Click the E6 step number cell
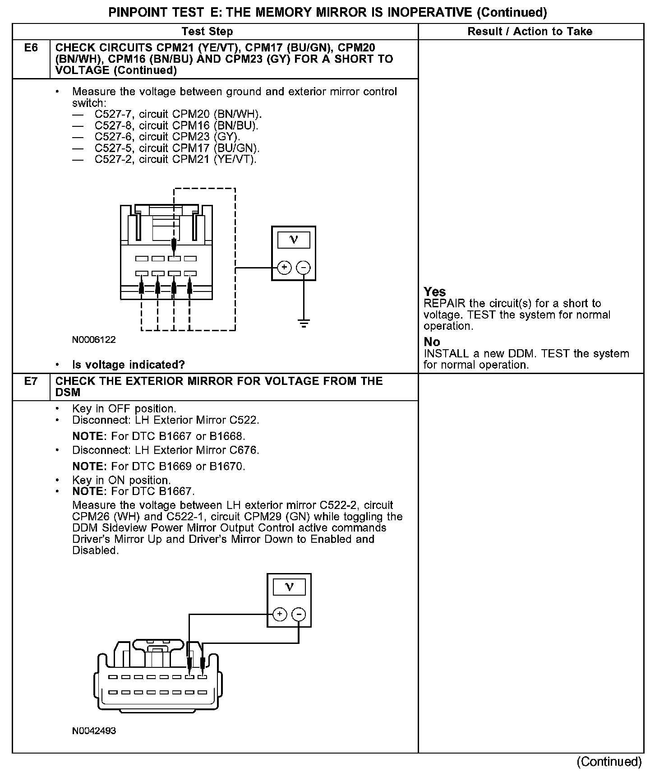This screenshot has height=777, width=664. pos(31,48)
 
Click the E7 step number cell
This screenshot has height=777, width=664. pos(31,381)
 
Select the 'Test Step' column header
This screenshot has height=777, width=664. pos(207,32)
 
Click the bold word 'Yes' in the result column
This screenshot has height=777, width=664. pos(435,292)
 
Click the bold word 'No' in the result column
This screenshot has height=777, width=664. pos(432,342)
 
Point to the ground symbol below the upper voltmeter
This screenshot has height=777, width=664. pos(304,323)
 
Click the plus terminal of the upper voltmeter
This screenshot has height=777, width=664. pos(284,268)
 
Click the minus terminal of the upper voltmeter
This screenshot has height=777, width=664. pos(304,268)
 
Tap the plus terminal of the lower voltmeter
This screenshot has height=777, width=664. pos(280,614)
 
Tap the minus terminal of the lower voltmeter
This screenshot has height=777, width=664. pos(299,614)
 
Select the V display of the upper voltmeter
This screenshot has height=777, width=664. pos(294,240)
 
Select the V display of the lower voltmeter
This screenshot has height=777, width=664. pos(289,587)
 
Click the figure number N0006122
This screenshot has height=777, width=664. pos(94,340)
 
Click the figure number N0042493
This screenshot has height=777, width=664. pos(94,731)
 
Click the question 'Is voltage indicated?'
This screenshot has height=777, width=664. pos(129,365)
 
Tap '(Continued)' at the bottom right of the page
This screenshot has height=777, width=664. pos(609,762)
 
